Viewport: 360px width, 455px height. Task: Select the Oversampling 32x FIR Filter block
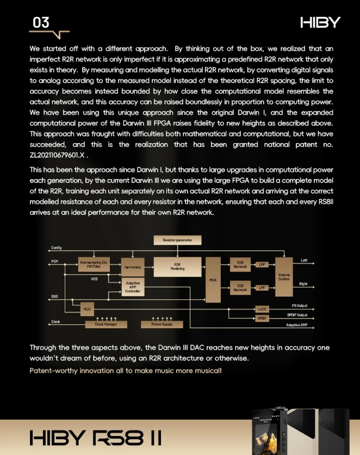pos(94,265)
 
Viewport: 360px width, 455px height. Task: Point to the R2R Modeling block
pos(177,267)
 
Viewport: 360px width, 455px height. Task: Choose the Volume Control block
pos(284,276)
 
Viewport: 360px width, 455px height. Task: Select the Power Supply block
pos(161,324)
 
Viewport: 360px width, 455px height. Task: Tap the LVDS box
pos(262,309)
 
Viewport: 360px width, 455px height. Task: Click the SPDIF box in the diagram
pos(262,318)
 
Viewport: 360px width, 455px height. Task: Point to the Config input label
pos(56,248)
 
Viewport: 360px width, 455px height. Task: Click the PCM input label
pos(54,261)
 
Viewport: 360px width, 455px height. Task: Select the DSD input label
pos(54,297)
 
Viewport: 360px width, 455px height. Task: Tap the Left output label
pos(303,261)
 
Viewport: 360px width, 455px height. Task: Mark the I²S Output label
pos(300,306)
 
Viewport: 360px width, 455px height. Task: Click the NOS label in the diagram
pos(94,279)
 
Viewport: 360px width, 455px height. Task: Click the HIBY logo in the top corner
pos(320,22)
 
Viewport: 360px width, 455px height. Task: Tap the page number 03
pos(41,22)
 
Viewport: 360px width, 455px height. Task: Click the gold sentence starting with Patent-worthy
pos(125,371)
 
